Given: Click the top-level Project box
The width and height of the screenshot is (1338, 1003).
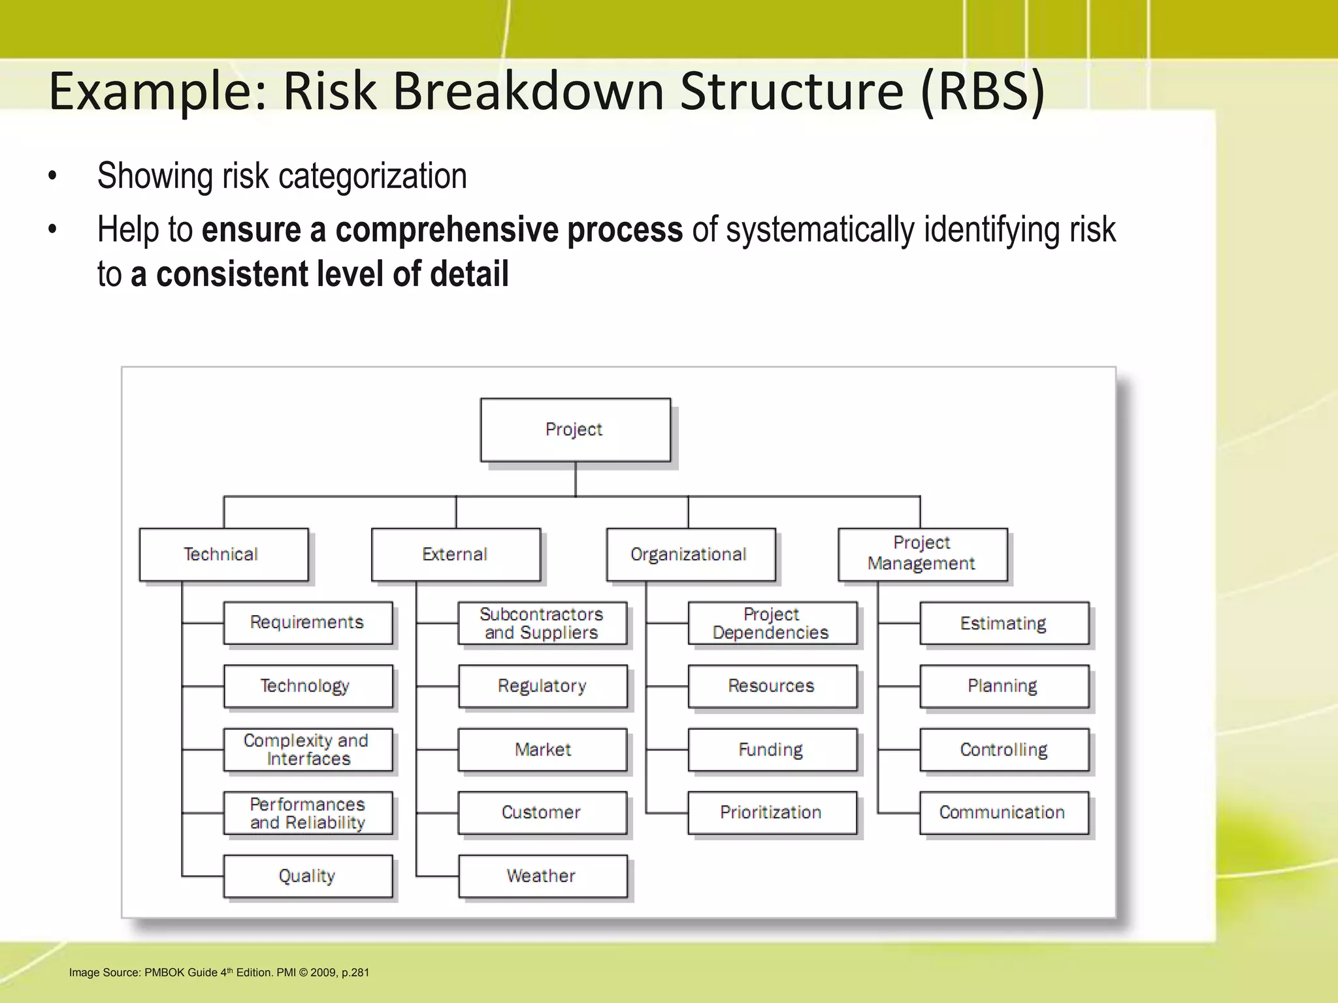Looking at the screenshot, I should (575, 430).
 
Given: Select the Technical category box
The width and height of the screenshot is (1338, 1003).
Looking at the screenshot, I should (223, 554).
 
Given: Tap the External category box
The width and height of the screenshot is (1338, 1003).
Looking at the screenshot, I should (455, 554).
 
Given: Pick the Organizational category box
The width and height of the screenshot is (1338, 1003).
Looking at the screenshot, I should (690, 554).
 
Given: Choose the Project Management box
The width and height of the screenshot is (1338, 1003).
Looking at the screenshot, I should (922, 554).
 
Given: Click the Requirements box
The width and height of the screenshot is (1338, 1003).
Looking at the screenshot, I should (308, 622).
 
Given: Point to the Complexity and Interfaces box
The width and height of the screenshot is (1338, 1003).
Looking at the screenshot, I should (308, 750).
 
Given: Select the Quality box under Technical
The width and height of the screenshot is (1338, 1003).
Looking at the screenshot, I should (308, 876).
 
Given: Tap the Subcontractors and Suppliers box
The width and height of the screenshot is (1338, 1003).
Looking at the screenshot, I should (542, 623).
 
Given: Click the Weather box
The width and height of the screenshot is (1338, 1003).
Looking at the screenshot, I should (542, 876).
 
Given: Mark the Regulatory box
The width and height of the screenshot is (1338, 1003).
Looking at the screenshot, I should (542, 686).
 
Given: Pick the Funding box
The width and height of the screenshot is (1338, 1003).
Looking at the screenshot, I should (772, 750).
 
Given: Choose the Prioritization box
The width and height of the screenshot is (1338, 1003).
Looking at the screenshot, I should (772, 812).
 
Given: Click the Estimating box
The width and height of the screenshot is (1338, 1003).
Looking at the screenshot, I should (1003, 623).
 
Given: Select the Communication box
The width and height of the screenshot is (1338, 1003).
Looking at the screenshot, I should (1003, 812).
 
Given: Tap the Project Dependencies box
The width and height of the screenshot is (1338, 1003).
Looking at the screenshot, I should (772, 623).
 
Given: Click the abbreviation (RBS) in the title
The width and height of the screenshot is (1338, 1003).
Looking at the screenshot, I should (983, 91).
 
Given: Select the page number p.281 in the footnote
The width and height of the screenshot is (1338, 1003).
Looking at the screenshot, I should (355, 972).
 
